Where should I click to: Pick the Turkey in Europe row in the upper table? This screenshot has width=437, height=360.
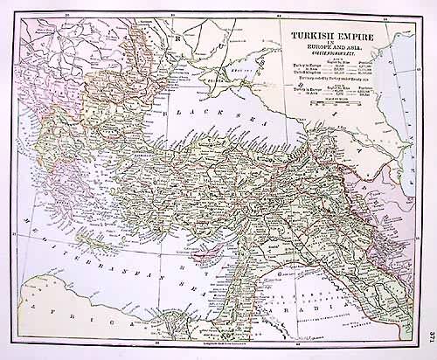pos(323,66)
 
